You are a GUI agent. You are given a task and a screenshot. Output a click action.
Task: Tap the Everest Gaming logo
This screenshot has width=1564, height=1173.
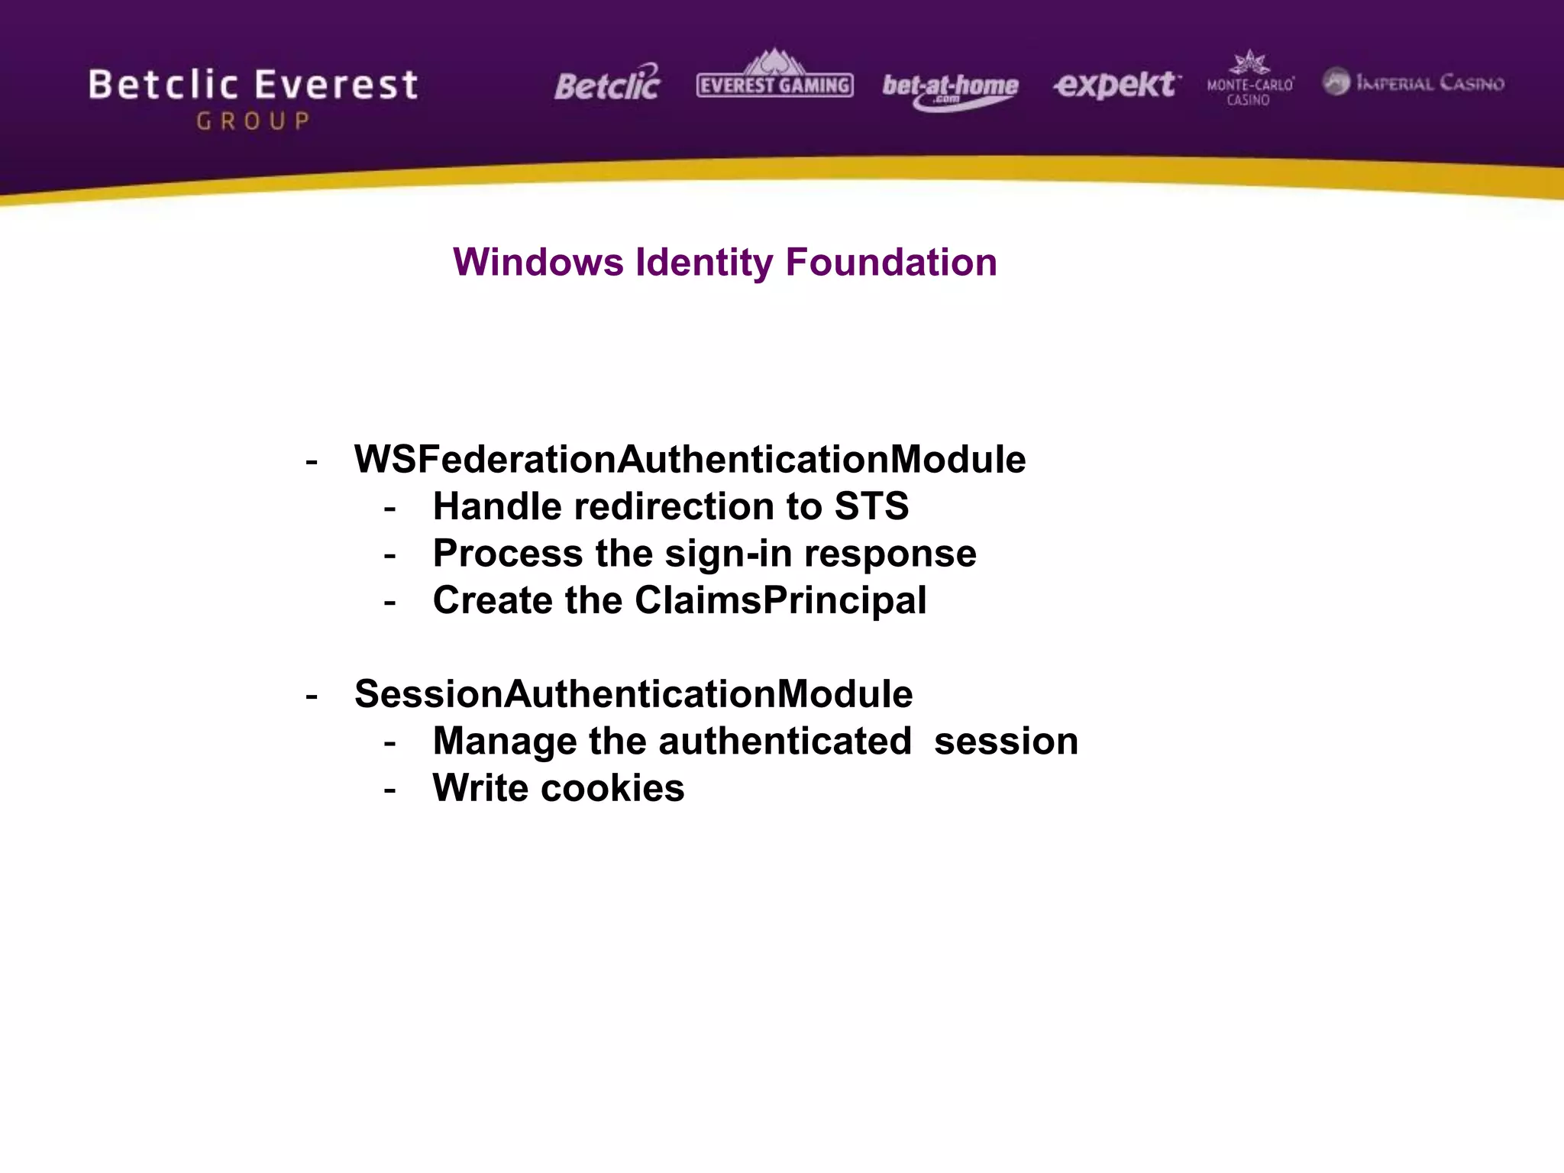pyautogui.click(x=774, y=79)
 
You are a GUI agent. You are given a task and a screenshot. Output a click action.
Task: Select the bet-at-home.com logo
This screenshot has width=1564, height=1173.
pyautogui.click(x=950, y=89)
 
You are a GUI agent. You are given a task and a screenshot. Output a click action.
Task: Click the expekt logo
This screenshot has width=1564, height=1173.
pyautogui.click(x=1116, y=84)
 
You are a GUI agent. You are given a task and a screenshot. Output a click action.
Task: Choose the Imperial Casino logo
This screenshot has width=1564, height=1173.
pyautogui.click(x=1414, y=82)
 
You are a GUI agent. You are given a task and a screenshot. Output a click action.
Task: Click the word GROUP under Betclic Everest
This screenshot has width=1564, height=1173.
pyautogui.click(x=254, y=121)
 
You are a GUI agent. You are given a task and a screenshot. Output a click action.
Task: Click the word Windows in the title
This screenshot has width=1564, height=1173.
pyautogui.click(x=538, y=263)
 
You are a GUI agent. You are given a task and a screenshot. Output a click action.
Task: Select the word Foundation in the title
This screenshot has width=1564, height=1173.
pyautogui.click(x=891, y=263)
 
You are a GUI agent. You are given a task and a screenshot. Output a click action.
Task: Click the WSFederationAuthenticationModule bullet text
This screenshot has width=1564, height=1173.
pyautogui.click(x=690, y=460)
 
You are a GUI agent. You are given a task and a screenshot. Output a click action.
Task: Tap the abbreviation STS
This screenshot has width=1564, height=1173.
pyautogui.click(x=871, y=506)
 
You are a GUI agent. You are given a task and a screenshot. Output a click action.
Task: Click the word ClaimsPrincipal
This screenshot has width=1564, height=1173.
pyautogui.click(x=780, y=600)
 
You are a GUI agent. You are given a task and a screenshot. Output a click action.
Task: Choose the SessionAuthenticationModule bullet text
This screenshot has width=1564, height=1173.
pyautogui.click(x=633, y=694)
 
